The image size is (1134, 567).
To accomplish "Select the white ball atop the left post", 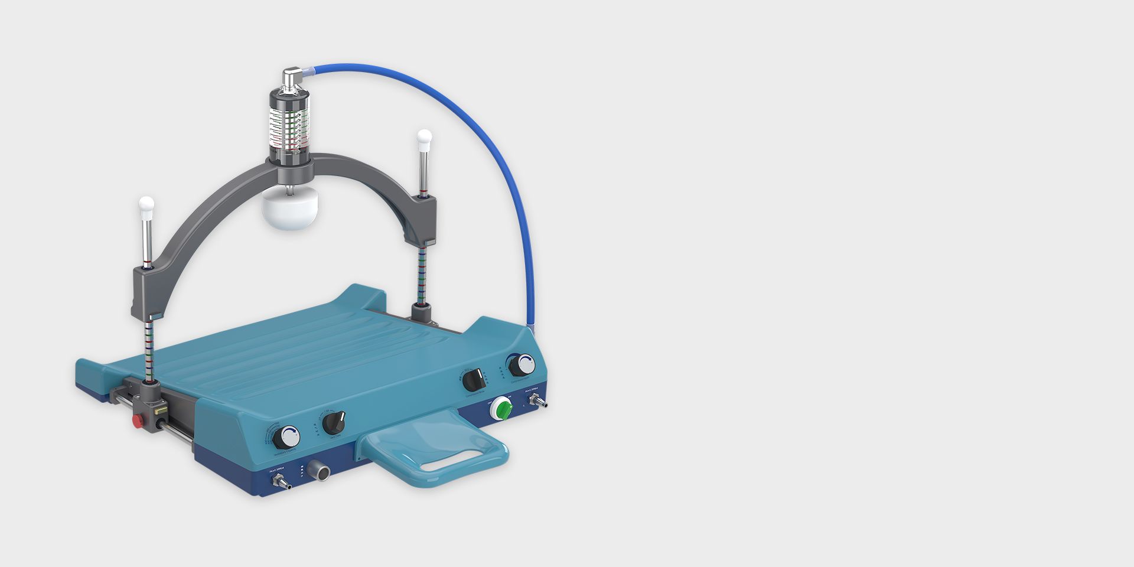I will tap(146, 205).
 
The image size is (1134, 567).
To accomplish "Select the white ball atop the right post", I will tap(424, 138).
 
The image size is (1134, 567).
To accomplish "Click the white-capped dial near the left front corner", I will tap(288, 437).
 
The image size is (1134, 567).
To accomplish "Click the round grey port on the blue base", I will tap(321, 472).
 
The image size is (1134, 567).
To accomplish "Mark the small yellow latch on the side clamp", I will tap(158, 409).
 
